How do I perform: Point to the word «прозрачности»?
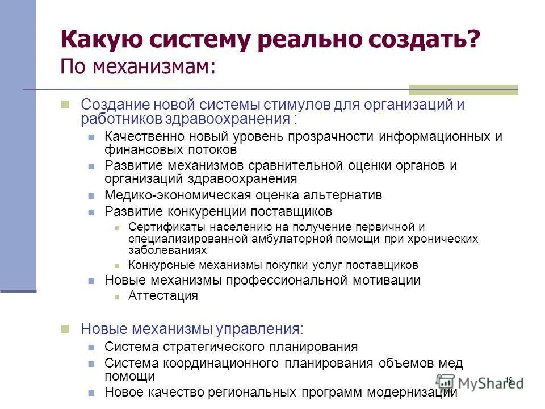pos(320,137)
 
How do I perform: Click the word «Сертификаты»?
pos(158,227)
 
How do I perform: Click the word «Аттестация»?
pos(163,295)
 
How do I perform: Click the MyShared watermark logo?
pos(480,382)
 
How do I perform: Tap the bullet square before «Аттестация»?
pos(116,296)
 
